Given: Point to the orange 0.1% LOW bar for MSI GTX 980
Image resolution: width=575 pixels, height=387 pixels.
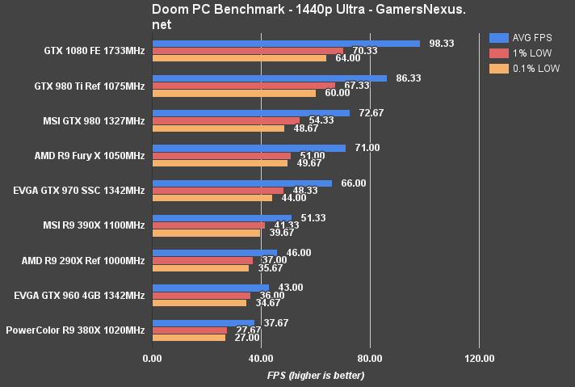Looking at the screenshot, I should coord(218,128).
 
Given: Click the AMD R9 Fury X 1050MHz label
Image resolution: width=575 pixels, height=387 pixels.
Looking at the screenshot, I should coord(91,156).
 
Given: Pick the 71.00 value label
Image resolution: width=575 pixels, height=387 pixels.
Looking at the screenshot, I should coord(366,148).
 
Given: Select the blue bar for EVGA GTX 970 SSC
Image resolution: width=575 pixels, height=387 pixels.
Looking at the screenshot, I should coord(241,183).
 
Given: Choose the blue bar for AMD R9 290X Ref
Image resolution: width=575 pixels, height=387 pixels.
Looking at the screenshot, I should coord(215,253).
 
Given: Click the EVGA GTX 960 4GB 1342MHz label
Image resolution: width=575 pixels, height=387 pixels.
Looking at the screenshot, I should coord(80,295).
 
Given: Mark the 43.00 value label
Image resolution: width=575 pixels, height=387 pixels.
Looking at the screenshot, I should coord(290,288).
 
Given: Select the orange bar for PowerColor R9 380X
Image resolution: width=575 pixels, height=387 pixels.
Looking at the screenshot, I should coord(189,337).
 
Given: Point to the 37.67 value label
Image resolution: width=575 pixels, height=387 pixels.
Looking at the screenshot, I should coord(275,322).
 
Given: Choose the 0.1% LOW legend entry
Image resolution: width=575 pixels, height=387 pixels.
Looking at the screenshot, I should coord(525,68).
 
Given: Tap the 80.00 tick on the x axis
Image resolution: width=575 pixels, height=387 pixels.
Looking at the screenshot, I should coord(369,357).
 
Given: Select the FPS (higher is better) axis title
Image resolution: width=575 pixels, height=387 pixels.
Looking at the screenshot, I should coord(316,376).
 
